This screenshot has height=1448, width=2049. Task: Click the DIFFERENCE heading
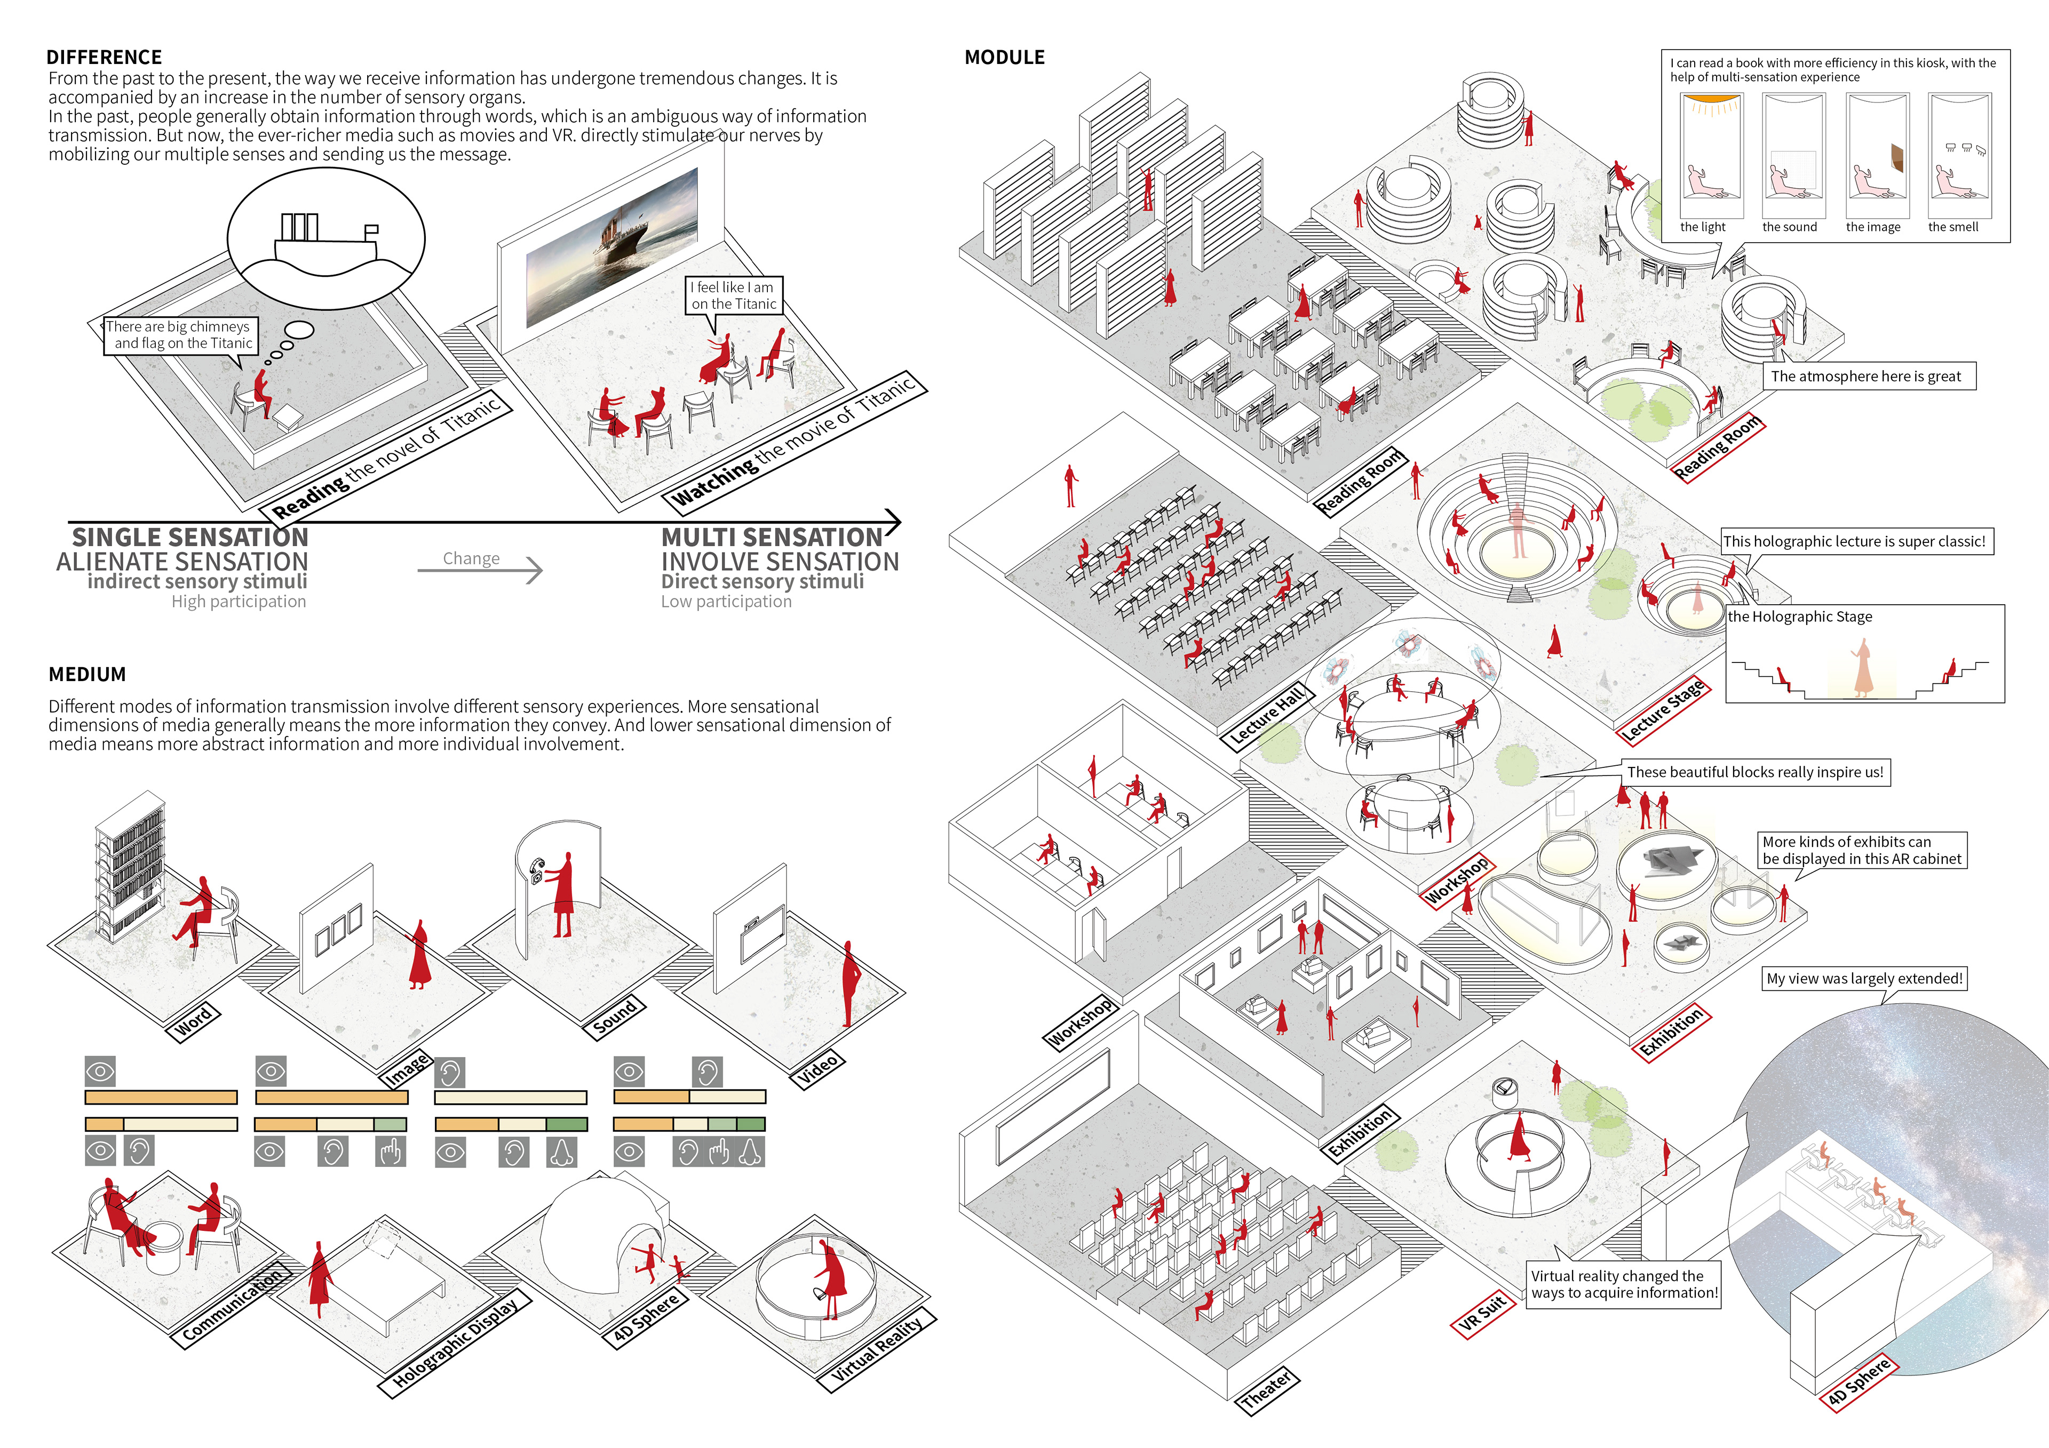[104, 57]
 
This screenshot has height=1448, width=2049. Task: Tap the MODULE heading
[1004, 57]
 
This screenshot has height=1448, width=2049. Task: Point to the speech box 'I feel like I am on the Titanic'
[734, 295]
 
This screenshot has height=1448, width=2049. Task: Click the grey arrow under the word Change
[480, 569]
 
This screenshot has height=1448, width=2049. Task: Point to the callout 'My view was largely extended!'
[1865, 979]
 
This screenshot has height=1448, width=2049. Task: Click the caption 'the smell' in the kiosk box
[1952, 227]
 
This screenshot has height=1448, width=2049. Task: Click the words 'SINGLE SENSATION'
[189, 537]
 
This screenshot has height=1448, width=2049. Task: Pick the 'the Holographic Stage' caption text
[1799, 617]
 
